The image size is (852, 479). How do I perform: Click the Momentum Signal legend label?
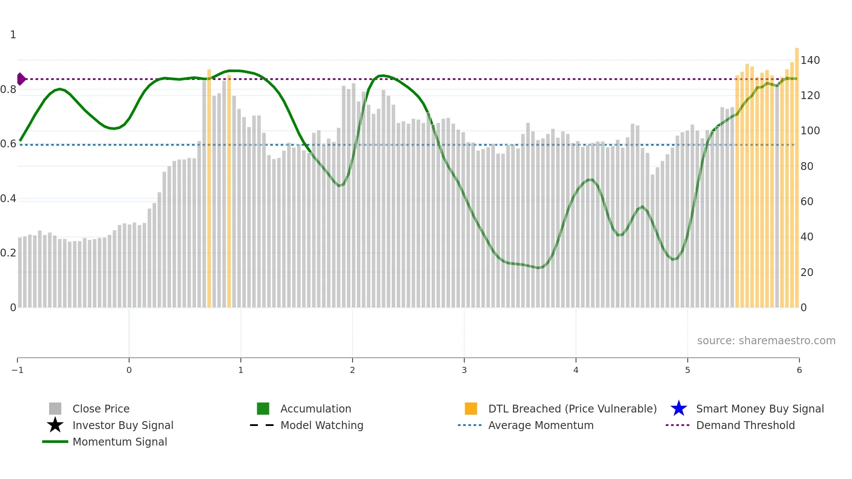(x=120, y=442)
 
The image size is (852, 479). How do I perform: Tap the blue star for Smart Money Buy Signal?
(x=679, y=409)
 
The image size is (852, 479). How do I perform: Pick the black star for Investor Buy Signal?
(x=55, y=425)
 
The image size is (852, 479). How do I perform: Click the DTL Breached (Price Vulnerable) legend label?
(x=572, y=409)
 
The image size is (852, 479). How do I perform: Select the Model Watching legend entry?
(x=321, y=425)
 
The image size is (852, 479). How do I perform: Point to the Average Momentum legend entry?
(x=540, y=425)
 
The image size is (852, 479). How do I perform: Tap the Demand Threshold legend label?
(x=745, y=425)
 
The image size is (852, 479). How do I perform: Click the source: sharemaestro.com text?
(x=766, y=340)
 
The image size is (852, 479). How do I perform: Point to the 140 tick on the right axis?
(x=810, y=60)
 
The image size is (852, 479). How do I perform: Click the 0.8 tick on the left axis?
(x=8, y=90)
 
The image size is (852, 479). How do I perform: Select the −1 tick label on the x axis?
(x=17, y=370)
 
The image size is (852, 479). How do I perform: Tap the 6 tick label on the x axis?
(x=799, y=370)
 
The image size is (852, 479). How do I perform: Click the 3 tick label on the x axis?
(x=464, y=370)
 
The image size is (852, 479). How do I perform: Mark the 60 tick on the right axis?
(x=807, y=202)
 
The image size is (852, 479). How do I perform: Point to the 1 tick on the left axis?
(x=13, y=35)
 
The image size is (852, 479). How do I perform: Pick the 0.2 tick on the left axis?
(x=8, y=253)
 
